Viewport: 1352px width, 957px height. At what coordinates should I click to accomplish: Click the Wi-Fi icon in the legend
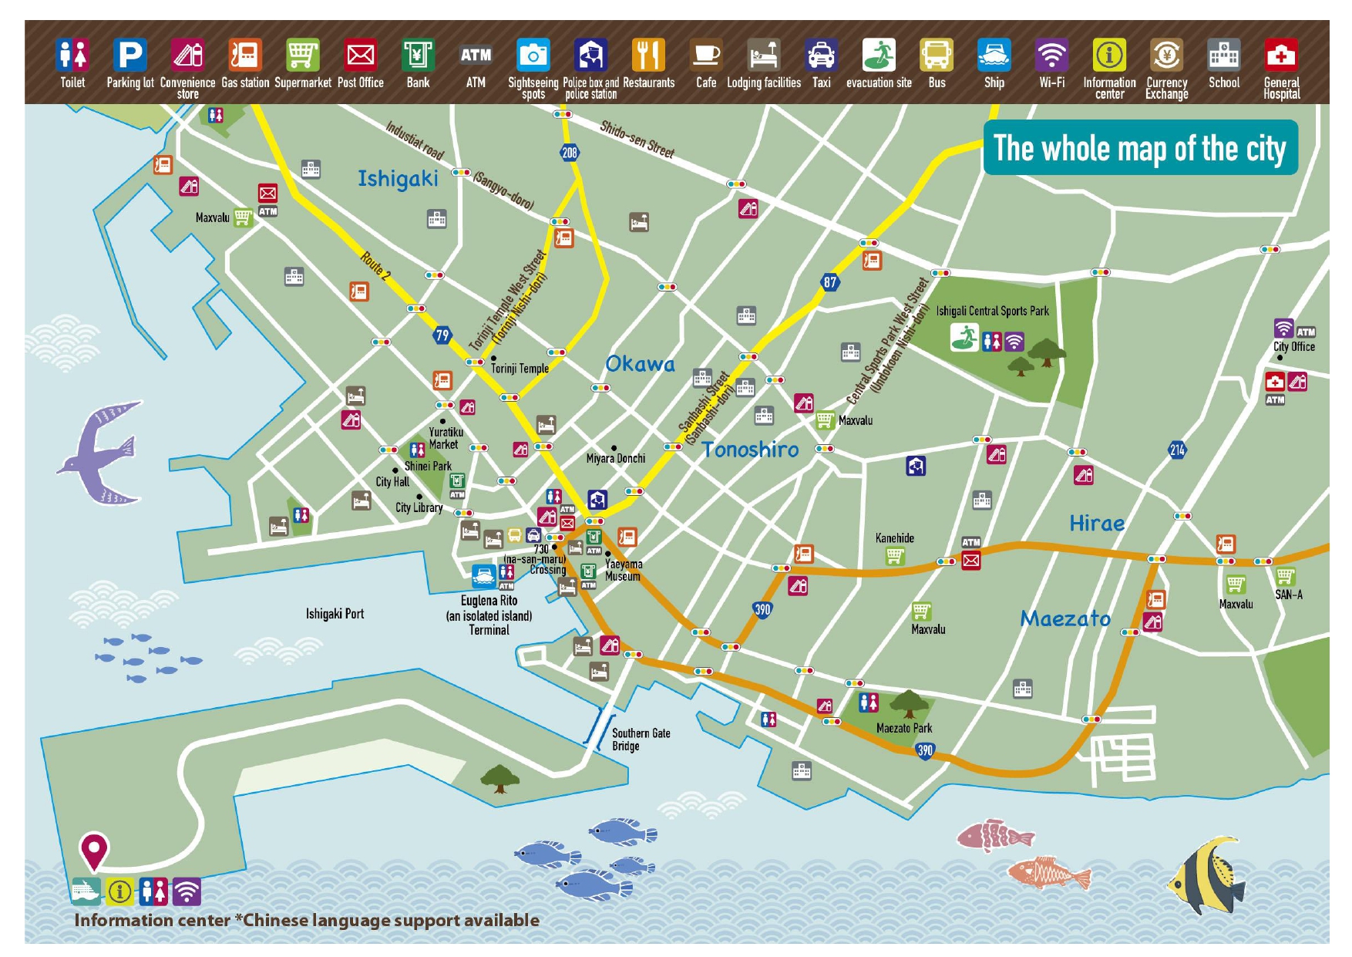(x=1051, y=56)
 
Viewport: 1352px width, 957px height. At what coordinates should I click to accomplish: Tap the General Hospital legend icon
(x=1280, y=56)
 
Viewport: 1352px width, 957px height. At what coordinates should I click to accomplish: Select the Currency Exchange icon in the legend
(x=1166, y=56)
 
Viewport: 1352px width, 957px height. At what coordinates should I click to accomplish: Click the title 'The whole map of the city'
(x=1139, y=148)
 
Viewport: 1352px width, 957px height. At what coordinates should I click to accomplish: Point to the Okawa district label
(x=640, y=364)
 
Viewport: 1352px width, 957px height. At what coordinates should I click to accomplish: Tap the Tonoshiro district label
(x=750, y=450)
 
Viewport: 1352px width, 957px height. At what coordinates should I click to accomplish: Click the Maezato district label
(x=1065, y=618)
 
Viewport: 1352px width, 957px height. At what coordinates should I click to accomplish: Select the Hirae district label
(x=1096, y=524)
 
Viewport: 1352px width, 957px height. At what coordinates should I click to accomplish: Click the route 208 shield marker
(x=569, y=153)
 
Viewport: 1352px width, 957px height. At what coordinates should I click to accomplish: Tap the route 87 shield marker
(x=829, y=282)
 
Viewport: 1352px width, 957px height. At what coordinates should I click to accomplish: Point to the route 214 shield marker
(x=1177, y=450)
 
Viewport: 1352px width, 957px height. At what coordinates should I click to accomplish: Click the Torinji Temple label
(x=520, y=369)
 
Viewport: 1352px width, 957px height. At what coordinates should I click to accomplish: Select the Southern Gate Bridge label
(x=640, y=739)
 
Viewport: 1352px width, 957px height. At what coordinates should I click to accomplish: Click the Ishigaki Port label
(x=335, y=614)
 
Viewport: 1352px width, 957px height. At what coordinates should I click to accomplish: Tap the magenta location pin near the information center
(x=94, y=851)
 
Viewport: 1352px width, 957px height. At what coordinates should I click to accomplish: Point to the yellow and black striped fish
(x=1206, y=875)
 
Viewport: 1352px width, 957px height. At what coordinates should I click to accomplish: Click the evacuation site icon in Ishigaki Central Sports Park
(x=964, y=337)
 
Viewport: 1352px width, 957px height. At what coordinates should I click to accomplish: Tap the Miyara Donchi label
(x=615, y=459)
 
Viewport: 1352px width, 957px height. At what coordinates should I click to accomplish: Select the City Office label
(x=1293, y=347)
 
